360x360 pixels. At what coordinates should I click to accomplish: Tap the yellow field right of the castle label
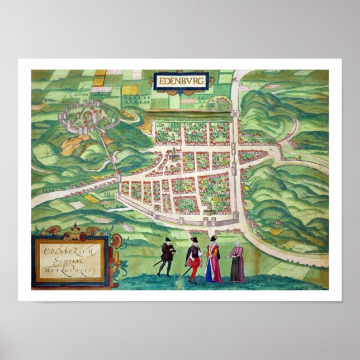click(x=129, y=89)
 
